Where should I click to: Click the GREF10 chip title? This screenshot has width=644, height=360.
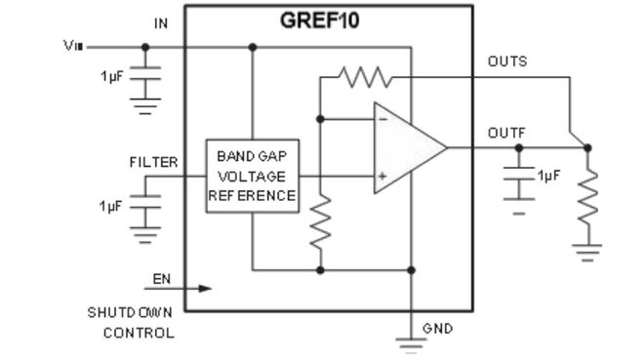319,20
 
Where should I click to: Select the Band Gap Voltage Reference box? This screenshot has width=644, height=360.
252,177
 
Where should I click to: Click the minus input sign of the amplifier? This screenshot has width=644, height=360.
382,119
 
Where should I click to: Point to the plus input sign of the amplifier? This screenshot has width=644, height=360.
382,178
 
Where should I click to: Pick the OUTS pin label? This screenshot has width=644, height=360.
507,61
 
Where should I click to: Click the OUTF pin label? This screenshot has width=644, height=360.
506,133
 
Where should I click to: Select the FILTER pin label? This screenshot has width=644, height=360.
153,162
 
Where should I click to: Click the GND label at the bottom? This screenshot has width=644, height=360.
437,329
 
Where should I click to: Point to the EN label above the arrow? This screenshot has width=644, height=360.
161,279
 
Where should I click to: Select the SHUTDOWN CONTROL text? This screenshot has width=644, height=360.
132,323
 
